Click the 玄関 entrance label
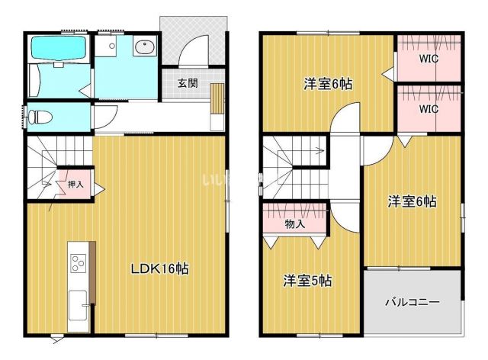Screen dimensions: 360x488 (x=188, y=83)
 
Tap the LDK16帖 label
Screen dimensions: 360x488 (x=159, y=268)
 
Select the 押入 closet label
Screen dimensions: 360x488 (x=75, y=184)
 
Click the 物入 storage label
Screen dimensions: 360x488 (x=295, y=224)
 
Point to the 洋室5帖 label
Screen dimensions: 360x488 (x=308, y=280)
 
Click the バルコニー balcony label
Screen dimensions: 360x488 (x=413, y=302)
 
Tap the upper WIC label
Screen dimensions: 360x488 (x=429, y=58)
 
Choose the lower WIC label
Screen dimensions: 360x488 (x=429, y=108)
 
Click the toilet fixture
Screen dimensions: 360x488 (x=40, y=117)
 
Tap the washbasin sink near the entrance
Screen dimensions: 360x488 (x=144, y=49)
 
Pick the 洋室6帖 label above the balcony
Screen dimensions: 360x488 (x=412, y=201)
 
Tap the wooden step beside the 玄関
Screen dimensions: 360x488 (x=217, y=100)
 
